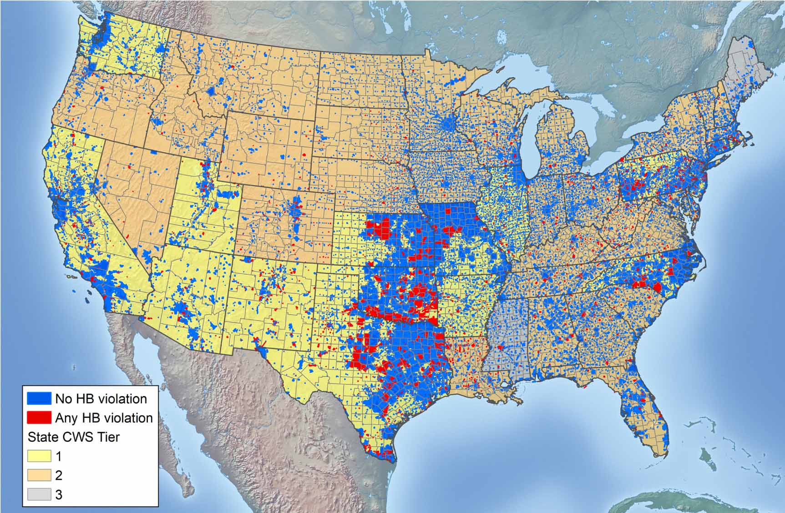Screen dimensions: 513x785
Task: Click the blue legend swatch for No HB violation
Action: (x=39, y=398)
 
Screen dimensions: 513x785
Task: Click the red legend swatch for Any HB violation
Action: (x=39, y=417)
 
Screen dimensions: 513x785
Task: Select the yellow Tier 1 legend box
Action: (x=39, y=456)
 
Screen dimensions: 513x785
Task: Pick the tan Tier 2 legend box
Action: (x=39, y=475)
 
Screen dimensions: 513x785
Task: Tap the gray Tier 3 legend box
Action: (x=39, y=494)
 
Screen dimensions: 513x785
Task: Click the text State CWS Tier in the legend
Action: (x=74, y=437)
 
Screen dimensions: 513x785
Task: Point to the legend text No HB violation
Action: (x=101, y=399)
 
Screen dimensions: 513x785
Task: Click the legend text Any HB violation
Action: (x=104, y=418)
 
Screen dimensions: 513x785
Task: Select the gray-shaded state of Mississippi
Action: (x=501, y=337)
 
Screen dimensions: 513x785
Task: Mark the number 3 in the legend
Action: (x=59, y=495)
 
